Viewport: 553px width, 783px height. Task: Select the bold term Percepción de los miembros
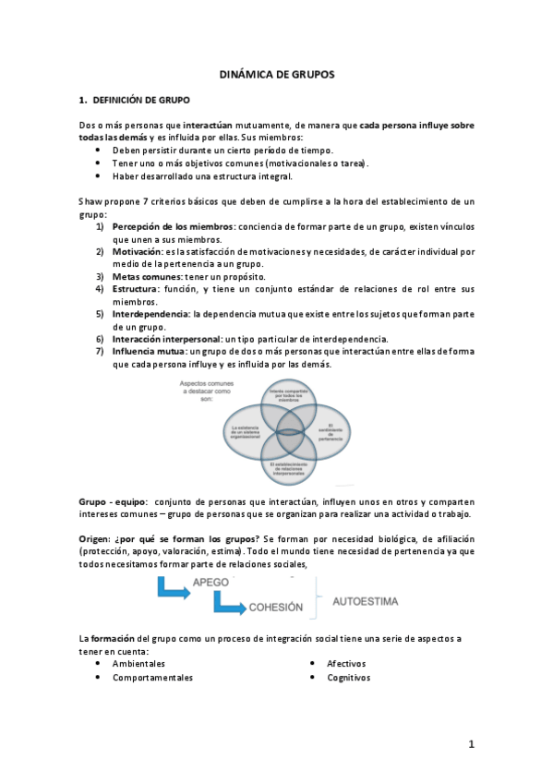pos(173,225)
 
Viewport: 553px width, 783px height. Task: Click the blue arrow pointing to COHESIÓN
pos(227,605)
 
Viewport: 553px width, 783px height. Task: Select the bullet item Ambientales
pos(138,663)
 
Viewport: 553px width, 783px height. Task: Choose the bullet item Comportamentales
pos(152,677)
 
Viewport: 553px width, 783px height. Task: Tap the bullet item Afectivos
pos(346,663)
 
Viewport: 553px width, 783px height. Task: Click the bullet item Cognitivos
pos(348,677)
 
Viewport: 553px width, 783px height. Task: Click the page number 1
pos(470,743)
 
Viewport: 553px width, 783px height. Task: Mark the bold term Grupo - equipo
pos(115,500)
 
